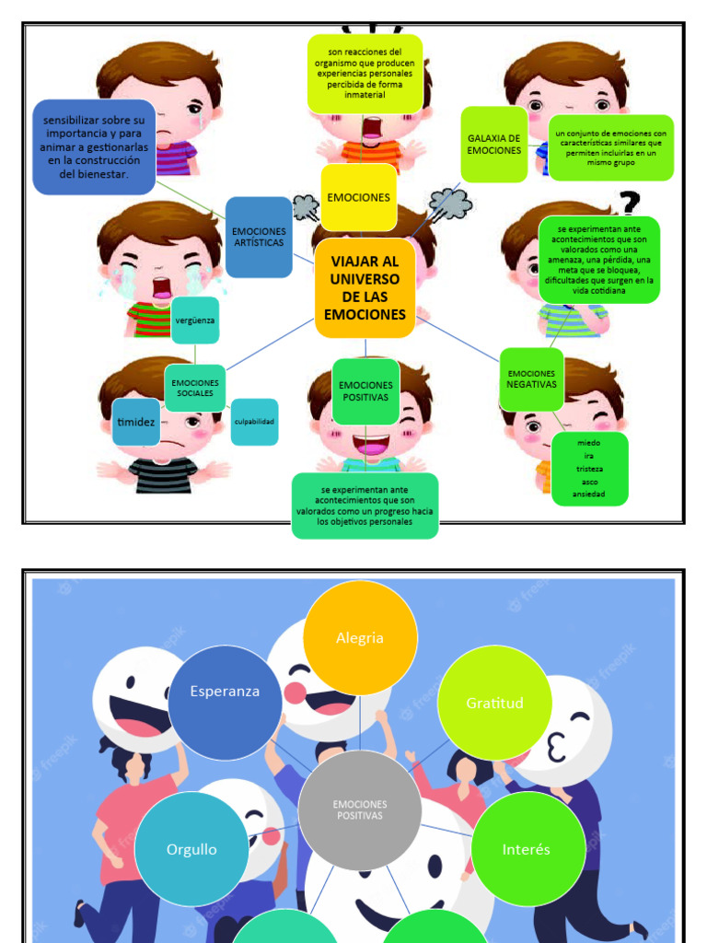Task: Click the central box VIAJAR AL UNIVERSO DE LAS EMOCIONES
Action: click(365, 288)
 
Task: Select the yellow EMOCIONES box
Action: click(359, 197)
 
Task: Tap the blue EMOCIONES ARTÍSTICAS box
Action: click(259, 237)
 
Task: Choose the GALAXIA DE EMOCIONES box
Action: click(493, 145)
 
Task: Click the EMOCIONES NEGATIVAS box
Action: click(531, 378)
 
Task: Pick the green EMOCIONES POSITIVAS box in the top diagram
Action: click(365, 391)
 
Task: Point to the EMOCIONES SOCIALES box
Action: click(195, 388)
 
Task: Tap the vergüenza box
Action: click(195, 320)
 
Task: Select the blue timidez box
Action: click(135, 422)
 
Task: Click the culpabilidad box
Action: click(254, 422)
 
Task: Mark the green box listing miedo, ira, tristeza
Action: click(589, 469)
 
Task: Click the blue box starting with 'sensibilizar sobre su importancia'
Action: click(94, 147)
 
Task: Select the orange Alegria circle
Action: click(360, 637)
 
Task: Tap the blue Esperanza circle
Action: click(225, 691)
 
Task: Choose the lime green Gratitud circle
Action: click(494, 703)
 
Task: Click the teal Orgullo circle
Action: click(191, 849)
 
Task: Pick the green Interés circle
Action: click(527, 849)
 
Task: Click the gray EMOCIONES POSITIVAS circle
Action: click(360, 809)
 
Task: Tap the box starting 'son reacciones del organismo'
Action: click(365, 74)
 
